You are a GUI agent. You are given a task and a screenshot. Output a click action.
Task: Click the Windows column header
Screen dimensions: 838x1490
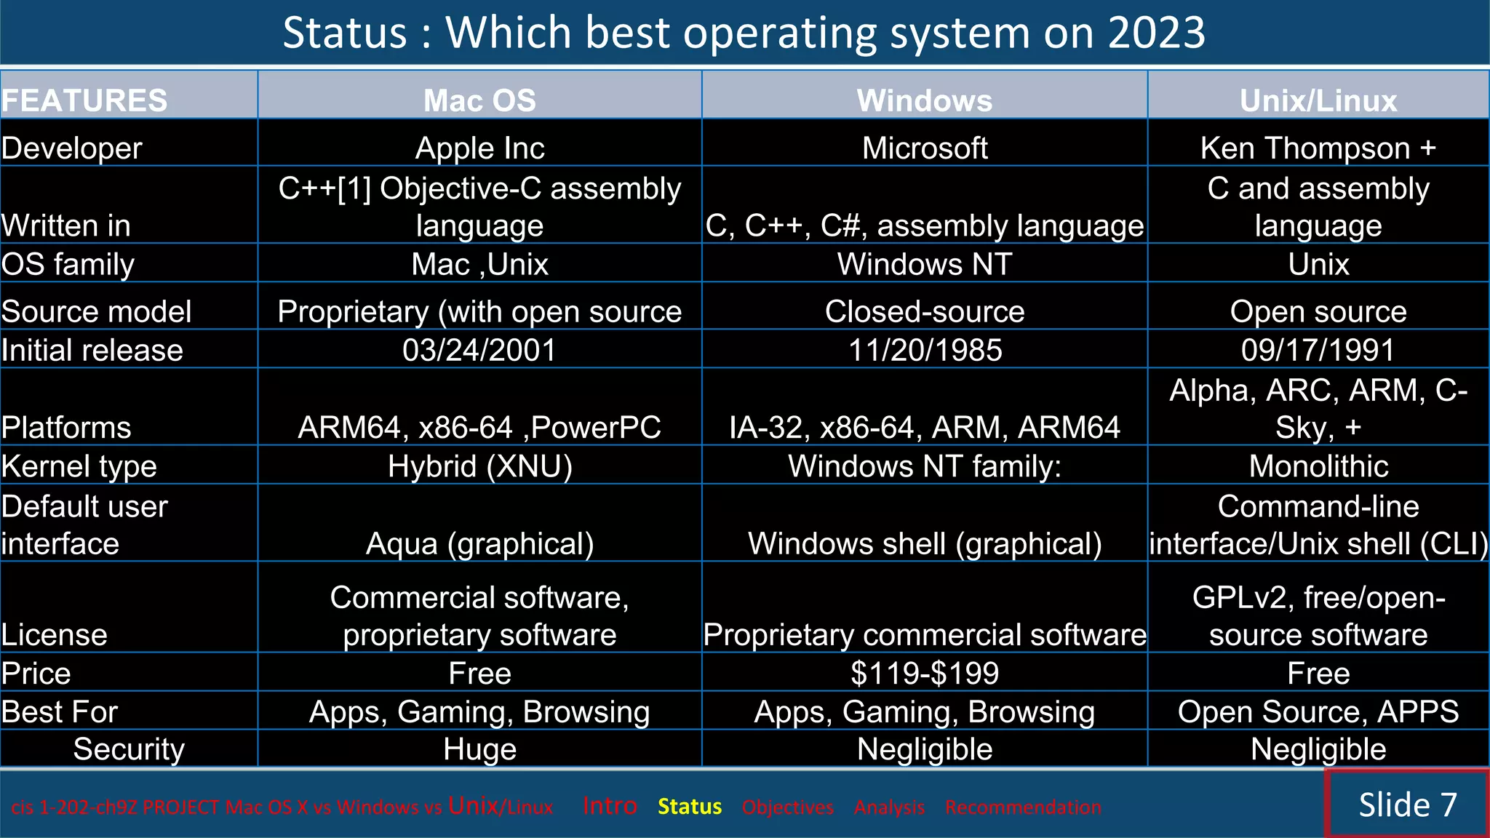pyautogui.click(x=924, y=100)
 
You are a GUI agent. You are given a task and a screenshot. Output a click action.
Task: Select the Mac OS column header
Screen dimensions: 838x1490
pyautogui.click(x=479, y=100)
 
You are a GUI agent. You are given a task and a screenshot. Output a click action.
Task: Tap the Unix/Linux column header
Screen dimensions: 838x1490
pyautogui.click(x=1318, y=100)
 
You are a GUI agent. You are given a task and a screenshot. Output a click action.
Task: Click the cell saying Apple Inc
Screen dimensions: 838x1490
pyautogui.click(x=479, y=148)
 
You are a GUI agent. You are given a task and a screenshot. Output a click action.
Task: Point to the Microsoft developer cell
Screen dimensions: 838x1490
pyautogui.click(x=924, y=148)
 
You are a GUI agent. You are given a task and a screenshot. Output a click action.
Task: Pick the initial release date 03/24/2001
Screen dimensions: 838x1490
pyautogui.click(x=479, y=350)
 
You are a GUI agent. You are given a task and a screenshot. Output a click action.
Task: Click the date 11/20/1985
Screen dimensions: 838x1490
pyautogui.click(x=925, y=350)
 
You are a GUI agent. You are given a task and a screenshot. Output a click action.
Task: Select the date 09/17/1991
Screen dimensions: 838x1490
pyautogui.click(x=1318, y=350)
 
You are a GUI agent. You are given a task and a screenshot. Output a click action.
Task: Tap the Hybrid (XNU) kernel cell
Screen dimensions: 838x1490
pyautogui.click(x=479, y=466)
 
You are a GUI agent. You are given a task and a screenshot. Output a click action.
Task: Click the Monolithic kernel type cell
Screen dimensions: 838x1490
pyautogui.click(x=1318, y=466)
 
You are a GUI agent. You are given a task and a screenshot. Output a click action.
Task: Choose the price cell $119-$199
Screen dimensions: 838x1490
pyautogui.click(x=924, y=673)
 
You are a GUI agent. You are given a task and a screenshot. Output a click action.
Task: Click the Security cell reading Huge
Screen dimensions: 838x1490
pyautogui.click(x=479, y=749)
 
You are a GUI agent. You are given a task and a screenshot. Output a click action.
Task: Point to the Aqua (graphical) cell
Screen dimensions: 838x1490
pyautogui.click(x=479, y=543)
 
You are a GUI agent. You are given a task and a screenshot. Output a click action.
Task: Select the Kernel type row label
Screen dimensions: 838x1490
pyautogui.click(x=79, y=466)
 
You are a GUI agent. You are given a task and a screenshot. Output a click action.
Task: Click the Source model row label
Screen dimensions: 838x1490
pyautogui.click(x=96, y=311)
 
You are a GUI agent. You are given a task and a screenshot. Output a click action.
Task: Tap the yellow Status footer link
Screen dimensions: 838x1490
pyautogui.click(x=689, y=807)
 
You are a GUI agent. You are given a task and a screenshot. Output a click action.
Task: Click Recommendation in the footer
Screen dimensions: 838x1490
pyautogui.click(x=1022, y=807)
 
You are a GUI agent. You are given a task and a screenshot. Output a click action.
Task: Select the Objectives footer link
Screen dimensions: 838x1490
pyautogui.click(x=787, y=807)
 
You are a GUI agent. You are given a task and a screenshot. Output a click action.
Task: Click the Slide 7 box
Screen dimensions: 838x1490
pyautogui.click(x=1406, y=805)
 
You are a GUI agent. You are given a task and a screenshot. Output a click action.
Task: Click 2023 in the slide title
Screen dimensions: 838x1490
pyautogui.click(x=1156, y=33)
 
